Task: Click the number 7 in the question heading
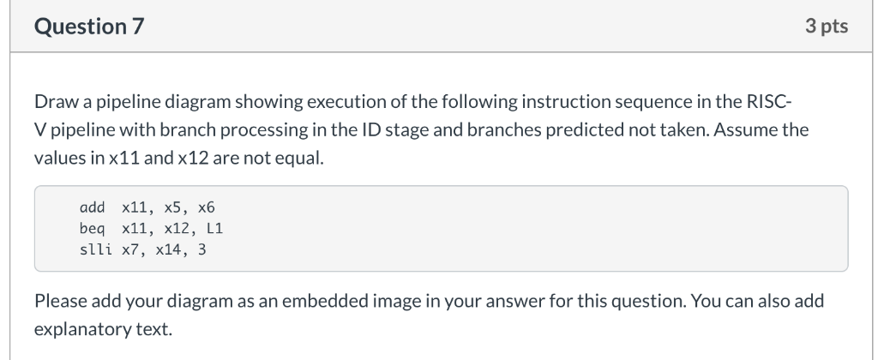tap(137, 27)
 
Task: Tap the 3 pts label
tap(827, 27)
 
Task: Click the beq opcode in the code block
tap(91, 229)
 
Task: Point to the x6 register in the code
tap(207, 208)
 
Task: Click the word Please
tap(61, 302)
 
